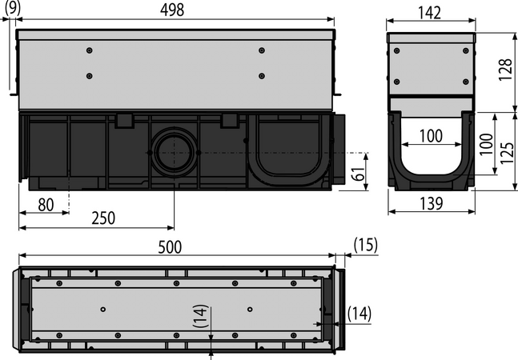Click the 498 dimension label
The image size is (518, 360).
(x=172, y=10)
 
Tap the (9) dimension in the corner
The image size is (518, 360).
(x=13, y=8)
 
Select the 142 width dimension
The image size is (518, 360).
(x=429, y=13)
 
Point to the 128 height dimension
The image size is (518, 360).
(x=505, y=70)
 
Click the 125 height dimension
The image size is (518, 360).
(x=507, y=153)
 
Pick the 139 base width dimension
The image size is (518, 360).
(x=431, y=204)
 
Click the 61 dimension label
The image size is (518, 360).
(x=358, y=174)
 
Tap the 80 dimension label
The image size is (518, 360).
(x=46, y=205)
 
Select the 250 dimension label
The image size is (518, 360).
(x=103, y=218)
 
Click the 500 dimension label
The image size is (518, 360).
(x=170, y=247)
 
